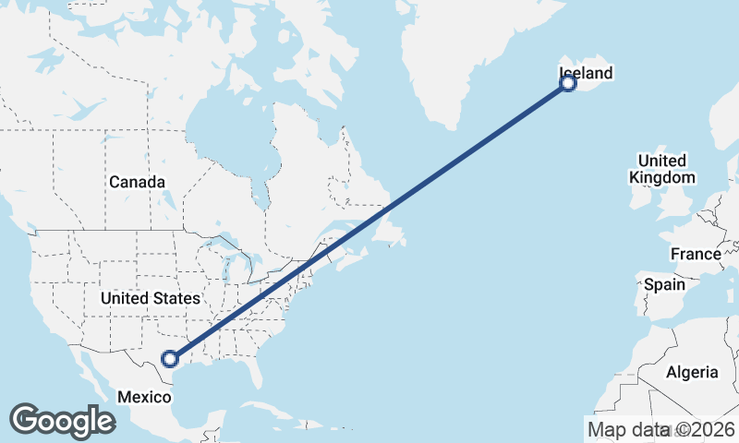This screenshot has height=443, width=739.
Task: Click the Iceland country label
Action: (586, 73)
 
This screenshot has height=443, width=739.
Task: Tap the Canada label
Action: (137, 182)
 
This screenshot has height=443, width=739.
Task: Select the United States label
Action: (150, 298)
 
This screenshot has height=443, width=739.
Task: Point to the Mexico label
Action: (143, 397)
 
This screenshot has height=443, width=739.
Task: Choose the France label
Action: (696, 254)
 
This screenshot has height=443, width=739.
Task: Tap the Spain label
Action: (664, 284)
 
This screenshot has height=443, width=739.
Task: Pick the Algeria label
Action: (691, 372)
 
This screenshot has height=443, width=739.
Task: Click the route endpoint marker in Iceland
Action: (568, 84)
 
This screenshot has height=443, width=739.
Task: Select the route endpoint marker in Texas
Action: (169, 359)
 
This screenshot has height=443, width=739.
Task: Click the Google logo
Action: (62, 421)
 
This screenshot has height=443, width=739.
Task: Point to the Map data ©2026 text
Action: (660, 429)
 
